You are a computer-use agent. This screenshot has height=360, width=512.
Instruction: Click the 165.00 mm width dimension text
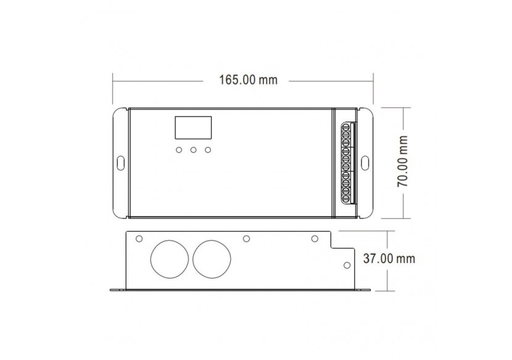click(249, 80)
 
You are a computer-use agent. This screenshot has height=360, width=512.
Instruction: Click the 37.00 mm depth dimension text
click(389, 258)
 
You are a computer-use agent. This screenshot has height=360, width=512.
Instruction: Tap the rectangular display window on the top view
click(193, 128)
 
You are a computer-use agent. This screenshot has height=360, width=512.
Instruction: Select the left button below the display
click(178, 150)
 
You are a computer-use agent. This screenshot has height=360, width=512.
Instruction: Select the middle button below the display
click(193, 150)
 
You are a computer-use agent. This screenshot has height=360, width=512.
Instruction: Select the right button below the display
click(208, 150)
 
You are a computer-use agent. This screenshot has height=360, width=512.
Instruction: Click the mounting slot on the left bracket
click(120, 163)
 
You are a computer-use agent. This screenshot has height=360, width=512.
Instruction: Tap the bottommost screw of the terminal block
click(347, 198)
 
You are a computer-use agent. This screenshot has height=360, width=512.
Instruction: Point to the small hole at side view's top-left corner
click(139, 239)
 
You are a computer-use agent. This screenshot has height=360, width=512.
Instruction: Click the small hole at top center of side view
click(246, 239)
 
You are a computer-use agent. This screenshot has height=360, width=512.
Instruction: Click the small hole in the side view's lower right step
click(347, 265)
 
